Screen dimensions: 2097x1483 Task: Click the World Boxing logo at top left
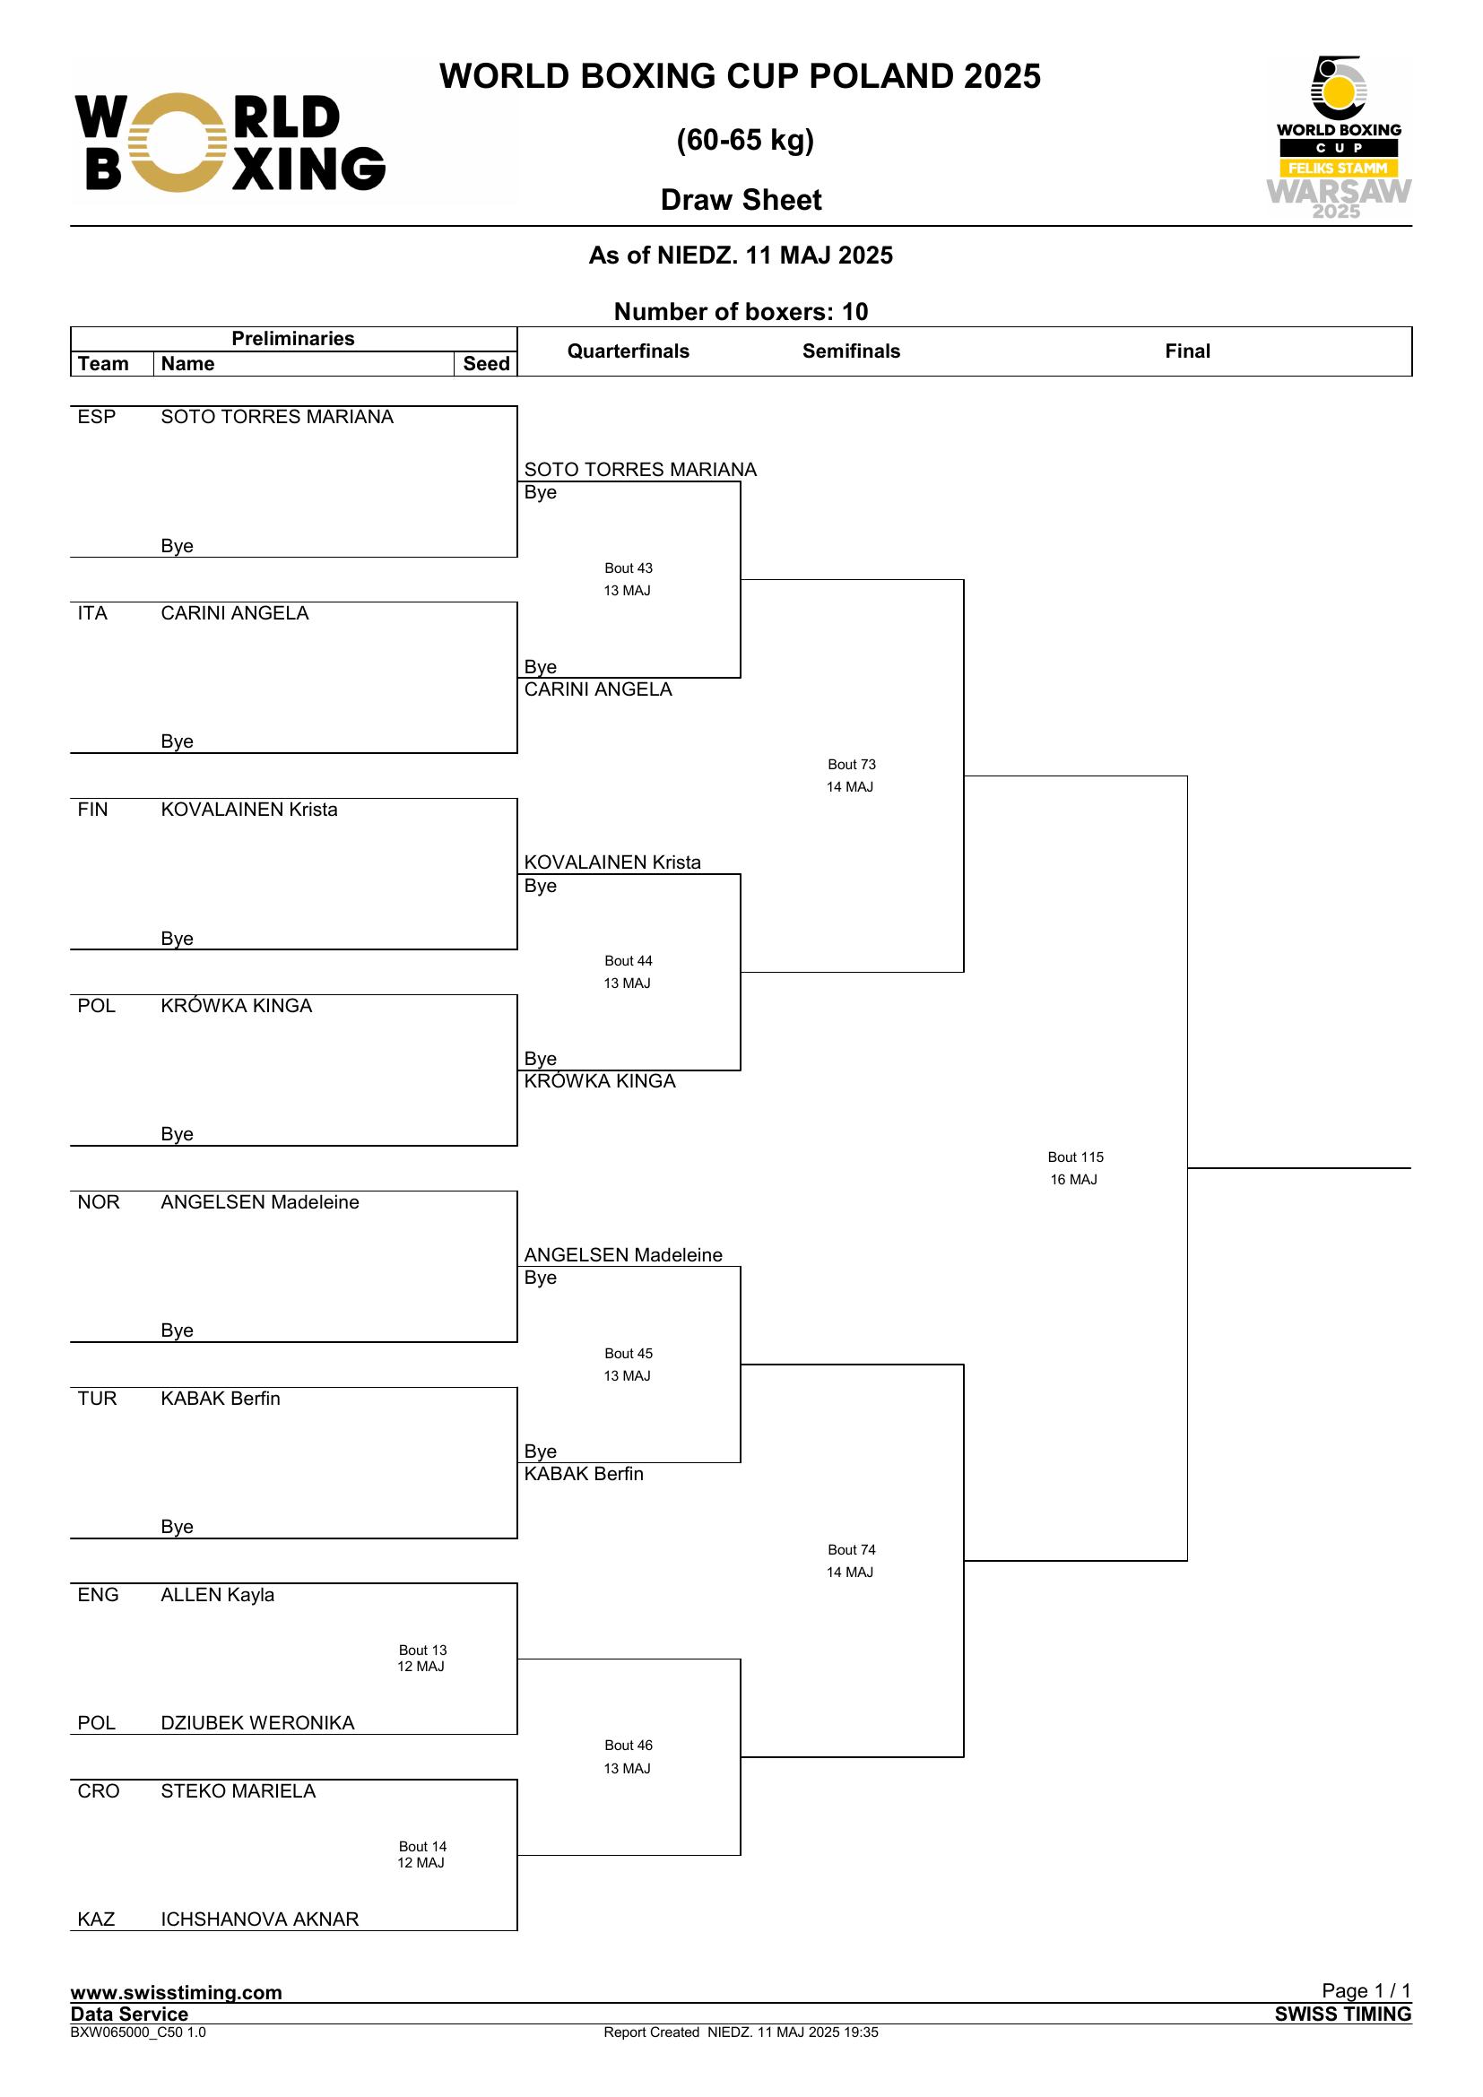230,143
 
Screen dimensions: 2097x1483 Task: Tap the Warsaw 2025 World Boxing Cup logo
1338,137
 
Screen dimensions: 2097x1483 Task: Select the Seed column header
486,363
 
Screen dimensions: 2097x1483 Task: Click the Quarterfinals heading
629,351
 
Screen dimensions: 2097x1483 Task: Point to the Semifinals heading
851,351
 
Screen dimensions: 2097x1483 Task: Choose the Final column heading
1187,351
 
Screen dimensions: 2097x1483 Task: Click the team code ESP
97,417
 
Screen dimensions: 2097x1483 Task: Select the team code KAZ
96,1919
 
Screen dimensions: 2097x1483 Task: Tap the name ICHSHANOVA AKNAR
259,1919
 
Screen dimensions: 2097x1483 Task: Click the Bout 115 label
1075,1157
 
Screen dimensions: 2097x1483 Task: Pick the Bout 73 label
851,765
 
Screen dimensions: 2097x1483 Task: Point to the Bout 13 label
423,1651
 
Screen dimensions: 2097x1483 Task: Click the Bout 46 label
629,1746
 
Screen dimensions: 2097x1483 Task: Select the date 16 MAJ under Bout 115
1073,1179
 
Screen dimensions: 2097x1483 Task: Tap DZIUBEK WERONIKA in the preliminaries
257,1722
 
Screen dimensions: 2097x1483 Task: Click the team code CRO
99,1791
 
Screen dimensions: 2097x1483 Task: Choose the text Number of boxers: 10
741,311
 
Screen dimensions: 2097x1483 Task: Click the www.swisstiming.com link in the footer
177,1992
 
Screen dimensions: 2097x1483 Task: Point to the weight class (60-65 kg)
745,140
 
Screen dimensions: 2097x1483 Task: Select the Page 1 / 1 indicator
1366,1990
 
